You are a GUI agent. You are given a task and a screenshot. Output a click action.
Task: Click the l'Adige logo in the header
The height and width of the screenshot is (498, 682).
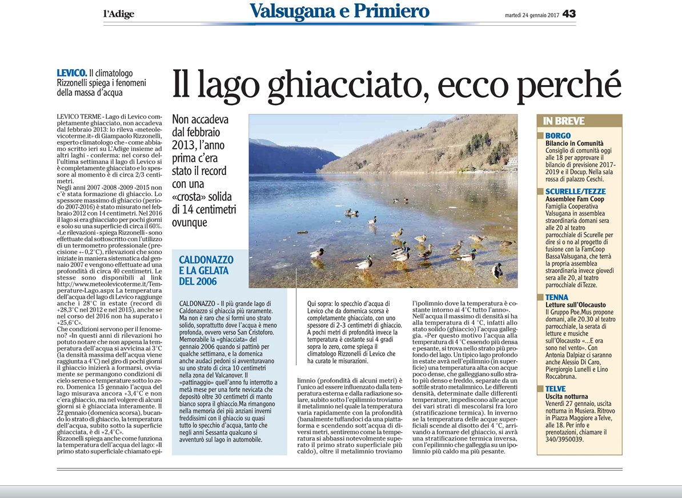[x=119, y=14]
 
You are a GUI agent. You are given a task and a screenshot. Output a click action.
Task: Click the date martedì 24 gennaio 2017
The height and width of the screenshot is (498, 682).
[x=531, y=14]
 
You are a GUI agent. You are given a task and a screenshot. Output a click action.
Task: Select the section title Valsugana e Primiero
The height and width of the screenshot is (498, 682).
[x=339, y=11]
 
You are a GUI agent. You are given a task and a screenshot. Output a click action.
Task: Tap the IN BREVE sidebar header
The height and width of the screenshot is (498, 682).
[x=564, y=121]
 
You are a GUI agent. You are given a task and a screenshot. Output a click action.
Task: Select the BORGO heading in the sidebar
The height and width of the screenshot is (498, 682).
[x=558, y=136]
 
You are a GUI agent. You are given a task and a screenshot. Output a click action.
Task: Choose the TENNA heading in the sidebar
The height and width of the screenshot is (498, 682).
[x=557, y=297]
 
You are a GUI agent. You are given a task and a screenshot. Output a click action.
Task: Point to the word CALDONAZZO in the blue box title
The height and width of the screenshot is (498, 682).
[x=206, y=260]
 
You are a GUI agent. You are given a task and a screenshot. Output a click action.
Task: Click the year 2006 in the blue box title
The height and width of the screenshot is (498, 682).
[x=206, y=281]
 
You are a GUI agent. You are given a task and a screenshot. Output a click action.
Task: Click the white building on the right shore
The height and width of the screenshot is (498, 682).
[x=512, y=162]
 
